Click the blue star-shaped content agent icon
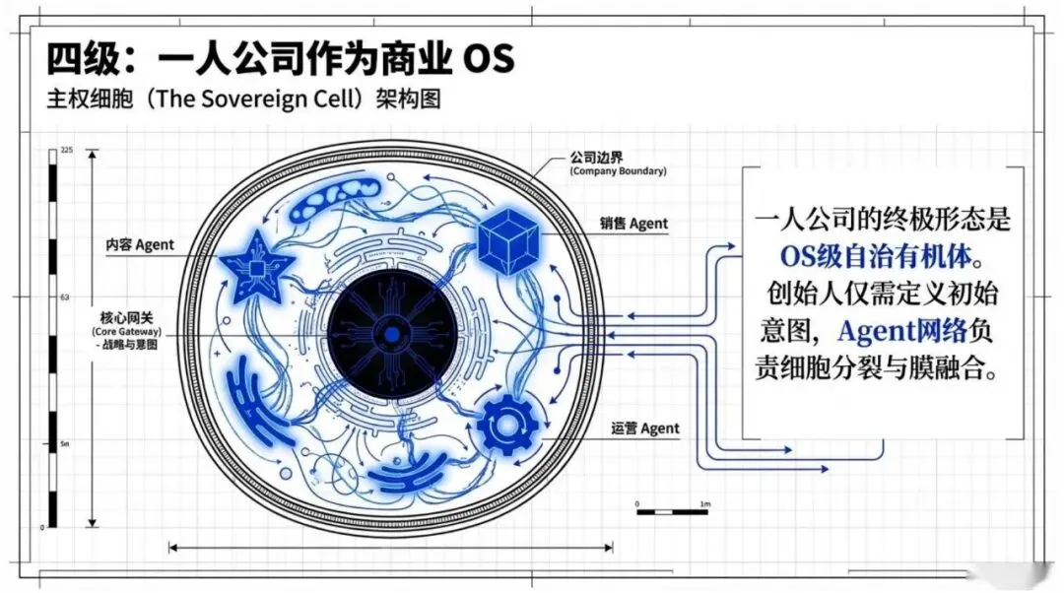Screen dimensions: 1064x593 point(255,266)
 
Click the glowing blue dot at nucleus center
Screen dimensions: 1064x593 point(392,335)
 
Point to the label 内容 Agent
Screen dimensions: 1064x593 point(140,243)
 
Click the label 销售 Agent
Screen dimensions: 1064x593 point(633,224)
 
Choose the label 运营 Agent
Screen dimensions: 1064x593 point(645,428)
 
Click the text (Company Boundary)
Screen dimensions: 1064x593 point(618,171)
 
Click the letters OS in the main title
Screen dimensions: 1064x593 point(489,59)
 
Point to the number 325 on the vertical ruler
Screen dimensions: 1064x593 point(67,150)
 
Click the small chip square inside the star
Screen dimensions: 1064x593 point(256,268)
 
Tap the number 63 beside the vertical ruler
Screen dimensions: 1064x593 point(65,296)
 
